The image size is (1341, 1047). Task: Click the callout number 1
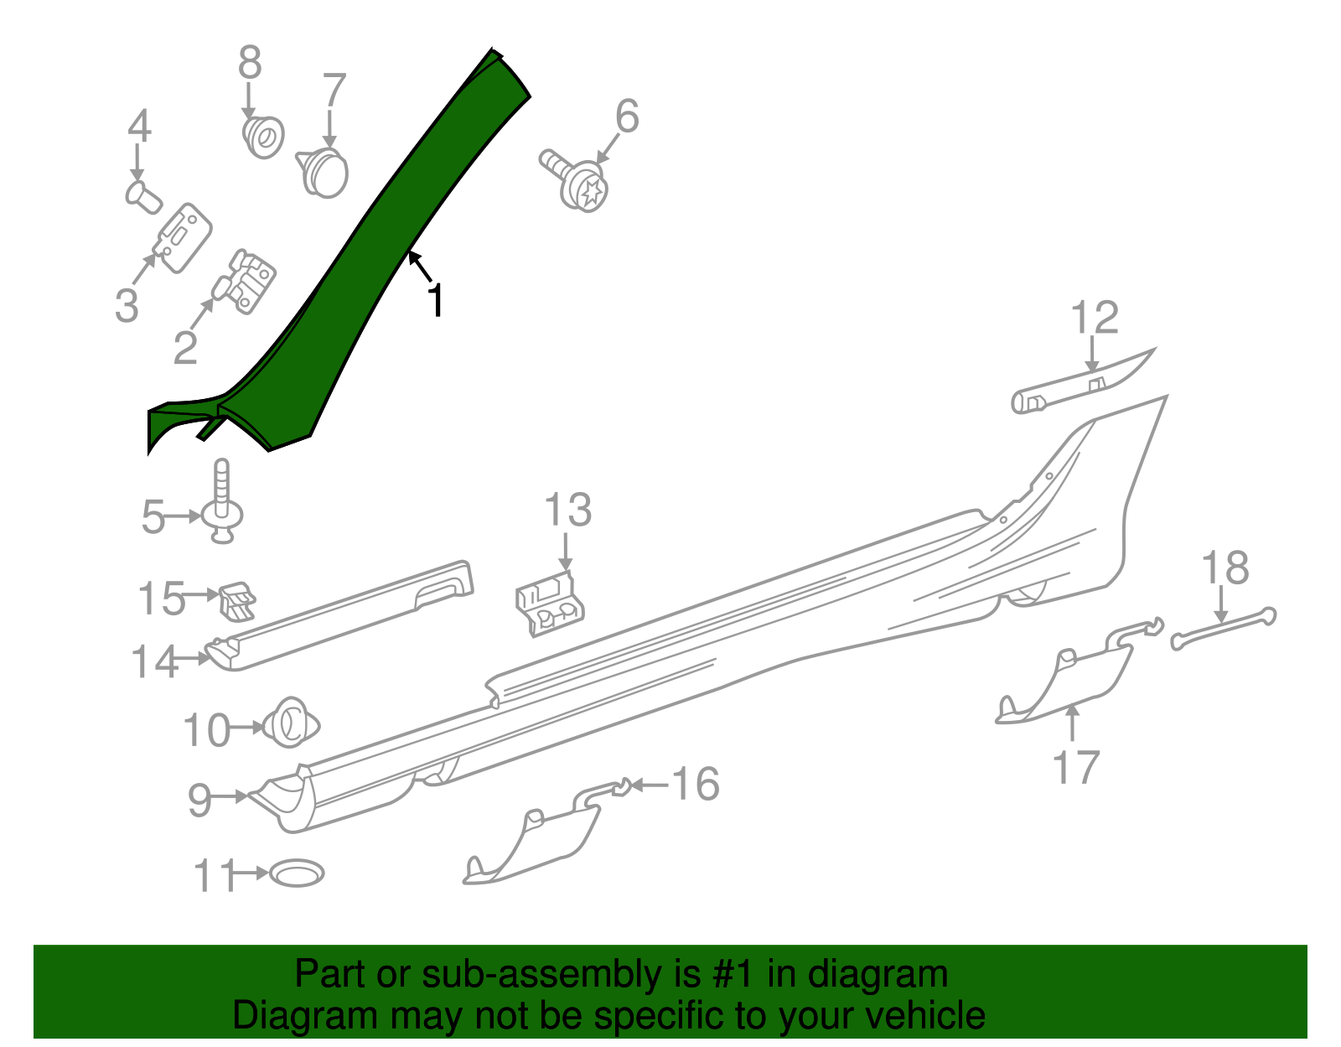pyautogui.click(x=435, y=300)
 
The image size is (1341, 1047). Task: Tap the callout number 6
pyautogui.click(x=627, y=117)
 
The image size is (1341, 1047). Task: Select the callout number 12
pyautogui.click(x=1095, y=319)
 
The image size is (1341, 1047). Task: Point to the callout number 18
pyautogui.click(x=1225, y=568)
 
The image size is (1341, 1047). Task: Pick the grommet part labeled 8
pyautogui.click(x=263, y=137)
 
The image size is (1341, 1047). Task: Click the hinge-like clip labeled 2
pyautogui.click(x=247, y=282)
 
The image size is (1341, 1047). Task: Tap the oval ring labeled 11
pyautogui.click(x=296, y=873)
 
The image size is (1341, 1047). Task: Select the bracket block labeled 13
pyautogui.click(x=549, y=601)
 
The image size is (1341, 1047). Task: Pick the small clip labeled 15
pyautogui.click(x=237, y=601)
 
